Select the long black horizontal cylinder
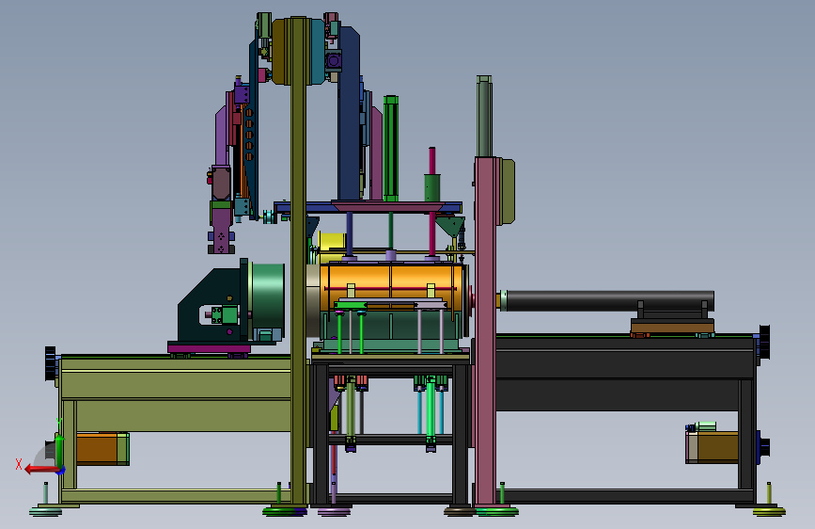tap(609, 301)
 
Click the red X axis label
tap(19, 464)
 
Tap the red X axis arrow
tap(40, 470)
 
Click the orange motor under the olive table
tap(102, 448)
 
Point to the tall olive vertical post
tap(298, 261)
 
